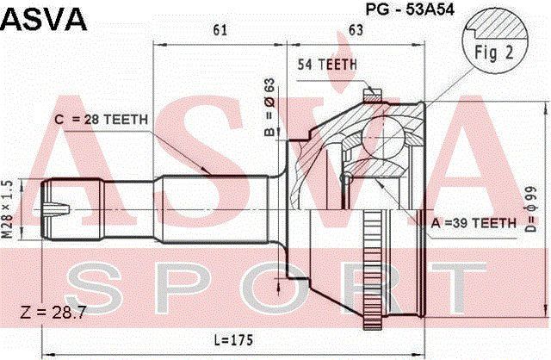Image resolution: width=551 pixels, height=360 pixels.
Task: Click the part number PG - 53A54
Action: (410, 9)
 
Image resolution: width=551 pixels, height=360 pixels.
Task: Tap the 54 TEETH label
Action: (327, 65)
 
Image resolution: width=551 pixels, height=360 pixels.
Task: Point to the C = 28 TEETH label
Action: (102, 120)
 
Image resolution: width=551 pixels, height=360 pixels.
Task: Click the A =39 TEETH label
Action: (474, 223)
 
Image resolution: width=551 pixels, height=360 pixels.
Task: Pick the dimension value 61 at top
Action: (220, 30)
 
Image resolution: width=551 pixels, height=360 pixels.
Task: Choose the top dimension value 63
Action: (356, 30)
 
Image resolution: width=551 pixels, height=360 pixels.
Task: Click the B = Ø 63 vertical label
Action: (269, 108)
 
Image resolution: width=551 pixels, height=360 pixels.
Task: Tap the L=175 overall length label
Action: (233, 340)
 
